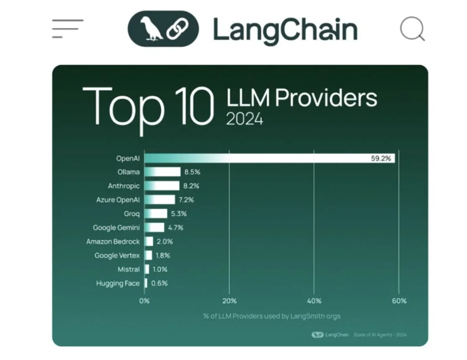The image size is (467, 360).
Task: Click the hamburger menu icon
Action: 67,29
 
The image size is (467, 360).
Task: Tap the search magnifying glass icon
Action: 413,29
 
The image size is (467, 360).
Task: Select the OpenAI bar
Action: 270,158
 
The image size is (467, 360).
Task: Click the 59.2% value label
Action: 381,159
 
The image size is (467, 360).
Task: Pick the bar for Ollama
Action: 163,172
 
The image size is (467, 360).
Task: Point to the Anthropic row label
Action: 124,186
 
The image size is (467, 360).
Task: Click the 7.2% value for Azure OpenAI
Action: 186,200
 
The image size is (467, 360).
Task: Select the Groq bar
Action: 156,214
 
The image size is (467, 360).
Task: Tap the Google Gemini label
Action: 116,228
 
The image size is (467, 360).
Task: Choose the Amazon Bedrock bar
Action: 149,241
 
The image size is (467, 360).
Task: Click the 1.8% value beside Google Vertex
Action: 163,256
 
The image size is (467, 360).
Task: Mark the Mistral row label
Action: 129,269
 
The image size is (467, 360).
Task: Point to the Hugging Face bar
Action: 146,283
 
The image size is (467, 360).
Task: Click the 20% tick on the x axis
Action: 229,301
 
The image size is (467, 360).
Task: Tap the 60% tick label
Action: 399,301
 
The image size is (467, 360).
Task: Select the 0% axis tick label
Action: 144,301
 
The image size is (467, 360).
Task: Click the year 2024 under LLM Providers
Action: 244,119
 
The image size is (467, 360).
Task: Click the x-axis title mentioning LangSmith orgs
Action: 272,316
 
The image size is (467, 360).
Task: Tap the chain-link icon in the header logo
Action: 177,29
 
